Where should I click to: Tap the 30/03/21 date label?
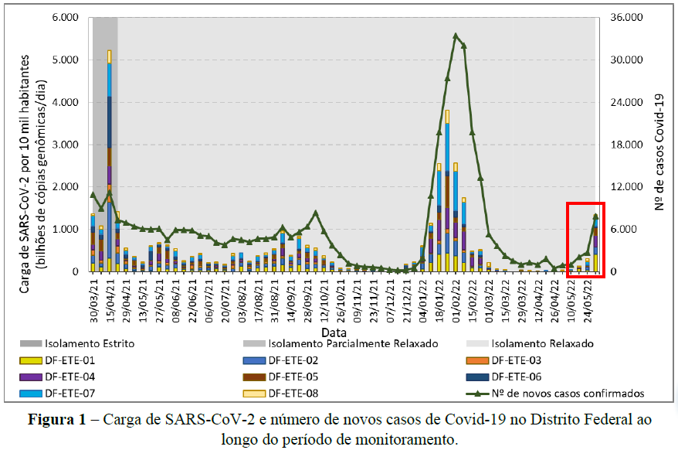pos(93,300)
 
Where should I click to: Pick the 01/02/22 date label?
pos(456,300)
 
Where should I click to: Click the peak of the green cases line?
pos(456,35)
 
